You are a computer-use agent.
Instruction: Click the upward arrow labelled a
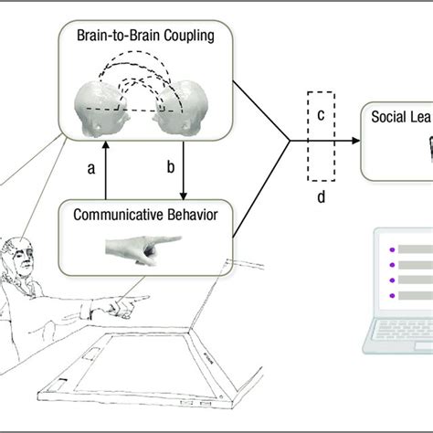click(106, 169)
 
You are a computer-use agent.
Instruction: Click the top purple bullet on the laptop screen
click(391, 248)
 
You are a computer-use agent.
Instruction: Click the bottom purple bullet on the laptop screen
click(391, 295)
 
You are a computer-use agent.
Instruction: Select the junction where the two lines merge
click(290, 141)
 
